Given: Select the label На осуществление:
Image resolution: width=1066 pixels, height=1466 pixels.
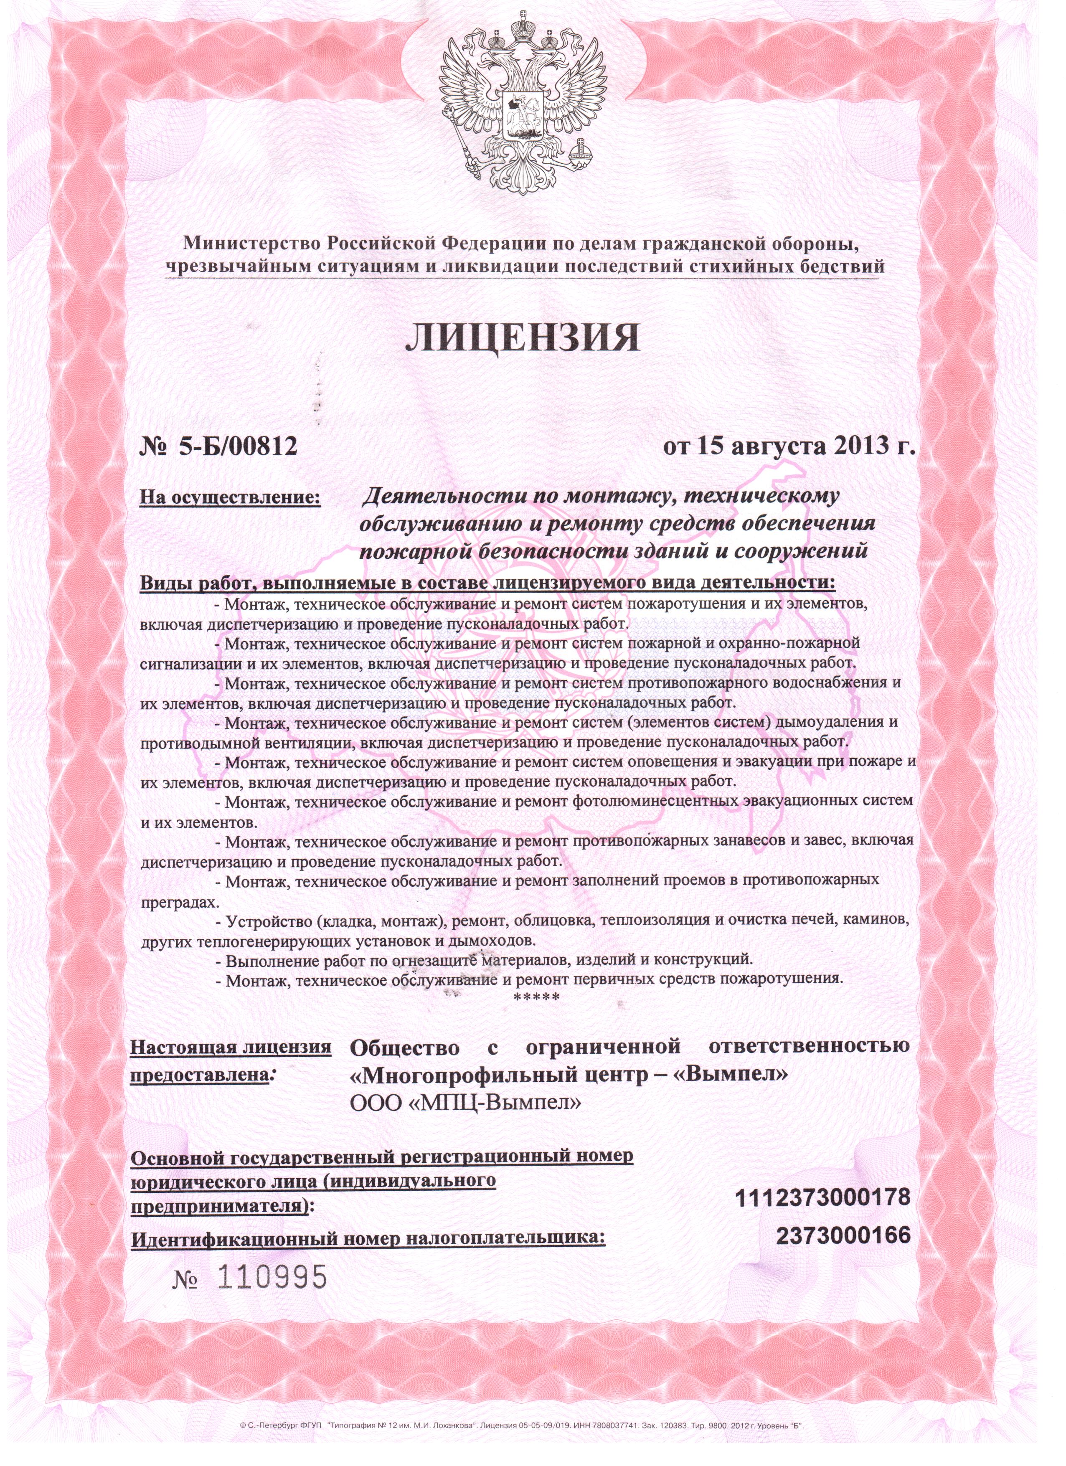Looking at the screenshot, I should [x=231, y=498].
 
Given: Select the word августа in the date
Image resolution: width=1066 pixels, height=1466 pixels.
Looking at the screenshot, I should [x=776, y=446].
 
